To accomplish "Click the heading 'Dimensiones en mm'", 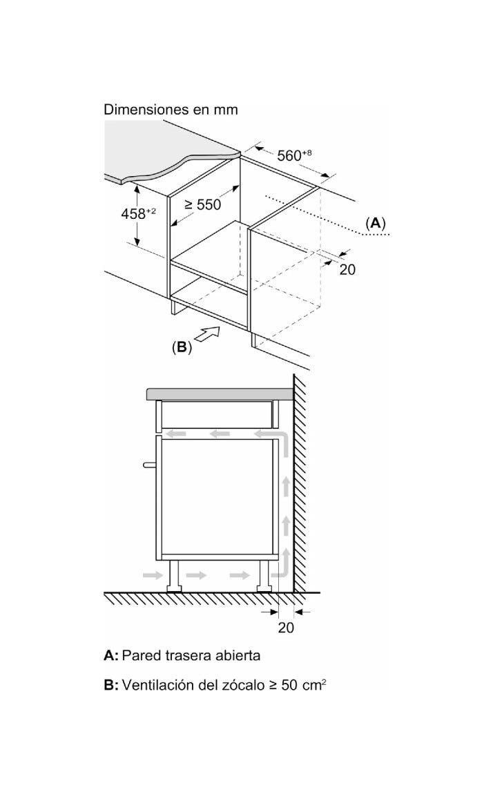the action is [171, 109].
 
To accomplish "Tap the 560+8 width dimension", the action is [294, 155].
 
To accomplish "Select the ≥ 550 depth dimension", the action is [202, 204].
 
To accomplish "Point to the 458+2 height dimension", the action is [138, 213].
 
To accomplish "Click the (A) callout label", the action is [375, 223].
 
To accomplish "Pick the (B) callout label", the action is [182, 347].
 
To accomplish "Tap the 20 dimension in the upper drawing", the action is [347, 269].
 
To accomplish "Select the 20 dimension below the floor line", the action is [286, 628].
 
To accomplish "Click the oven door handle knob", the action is [149, 465].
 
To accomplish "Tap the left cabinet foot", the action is [175, 575].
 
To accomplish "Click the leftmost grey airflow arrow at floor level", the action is [153, 574].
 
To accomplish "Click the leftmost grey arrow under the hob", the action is [177, 434].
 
